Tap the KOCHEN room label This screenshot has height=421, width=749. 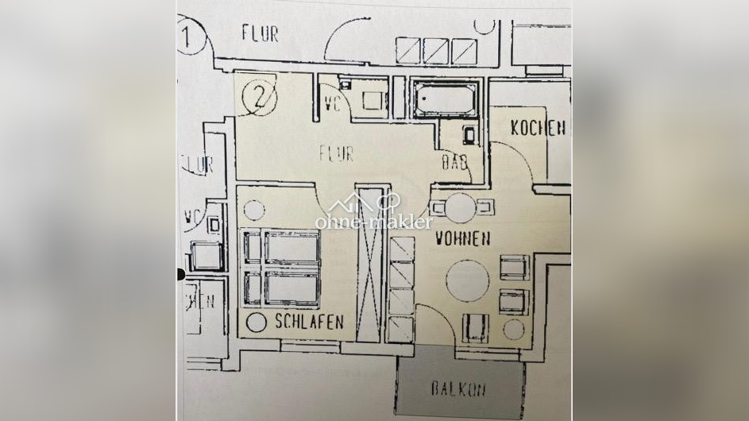point(538,127)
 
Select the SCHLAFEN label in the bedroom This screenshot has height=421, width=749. point(309,322)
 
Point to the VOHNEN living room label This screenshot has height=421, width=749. point(461,238)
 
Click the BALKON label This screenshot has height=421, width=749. point(458,389)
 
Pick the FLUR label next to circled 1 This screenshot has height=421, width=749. point(260,33)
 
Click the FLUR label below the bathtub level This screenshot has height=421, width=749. point(336,153)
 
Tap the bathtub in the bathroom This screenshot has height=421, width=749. point(443,100)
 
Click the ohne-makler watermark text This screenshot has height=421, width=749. point(373,222)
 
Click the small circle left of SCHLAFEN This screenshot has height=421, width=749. point(257,323)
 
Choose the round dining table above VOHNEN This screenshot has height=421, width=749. point(459,208)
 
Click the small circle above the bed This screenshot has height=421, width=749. point(253,210)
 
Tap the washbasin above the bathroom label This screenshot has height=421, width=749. point(469,135)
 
